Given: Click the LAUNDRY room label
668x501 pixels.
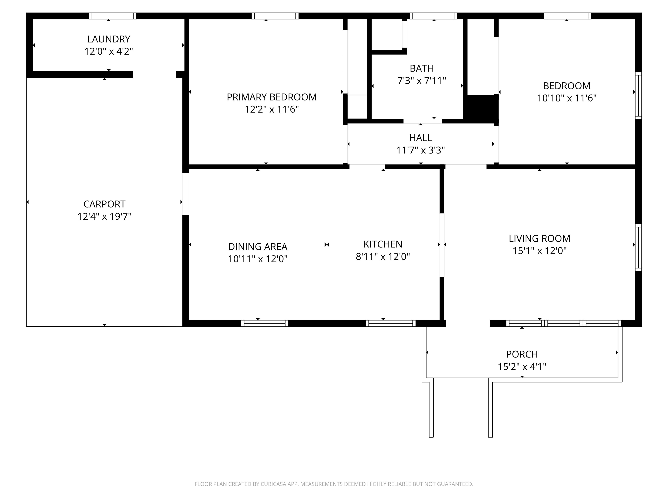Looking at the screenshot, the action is tap(109, 39).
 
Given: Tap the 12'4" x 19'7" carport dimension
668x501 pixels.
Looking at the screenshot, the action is tap(105, 217).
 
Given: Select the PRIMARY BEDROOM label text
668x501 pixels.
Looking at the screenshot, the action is tap(272, 97).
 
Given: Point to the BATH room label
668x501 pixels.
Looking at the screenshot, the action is tap(422, 68).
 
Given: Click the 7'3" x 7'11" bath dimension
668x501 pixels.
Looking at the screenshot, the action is tap(422, 81).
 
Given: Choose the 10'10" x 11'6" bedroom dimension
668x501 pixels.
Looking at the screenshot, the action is tap(567, 98).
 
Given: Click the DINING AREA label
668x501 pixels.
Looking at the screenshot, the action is tap(258, 247).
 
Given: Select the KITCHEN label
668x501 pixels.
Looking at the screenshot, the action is tap(383, 244).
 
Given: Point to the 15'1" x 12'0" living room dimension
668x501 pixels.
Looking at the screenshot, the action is tap(540, 251).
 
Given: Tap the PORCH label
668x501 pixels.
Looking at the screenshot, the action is tap(522, 354).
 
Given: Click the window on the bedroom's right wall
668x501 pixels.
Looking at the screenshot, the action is tap(638, 96).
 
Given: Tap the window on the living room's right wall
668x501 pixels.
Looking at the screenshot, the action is tap(638, 248).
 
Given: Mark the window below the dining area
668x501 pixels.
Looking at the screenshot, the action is tap(265, 323).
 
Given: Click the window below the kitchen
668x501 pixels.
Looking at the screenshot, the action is tap(391, 323).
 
